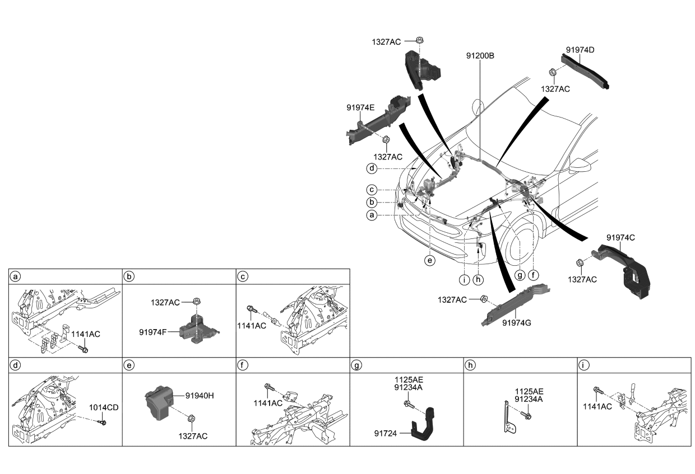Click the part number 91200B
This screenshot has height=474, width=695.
coord(479,56)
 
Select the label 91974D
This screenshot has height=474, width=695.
coord(580,50)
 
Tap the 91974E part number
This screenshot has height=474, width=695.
coord(360,107)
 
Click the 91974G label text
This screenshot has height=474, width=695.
coord(517,323)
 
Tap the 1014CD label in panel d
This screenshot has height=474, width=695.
coord(104,407)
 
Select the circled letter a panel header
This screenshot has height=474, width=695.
coord(16,276)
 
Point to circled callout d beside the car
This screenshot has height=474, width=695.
coord(371,168)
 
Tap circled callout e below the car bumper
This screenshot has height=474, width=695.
coord(430,260)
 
